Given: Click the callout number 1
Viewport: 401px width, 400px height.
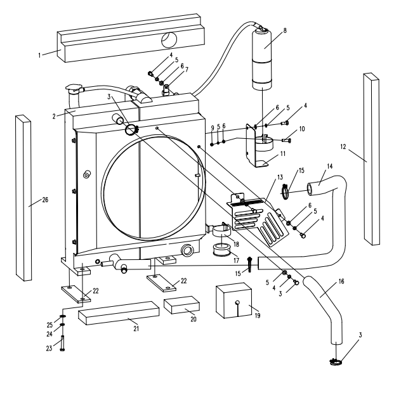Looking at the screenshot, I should pos(39,55).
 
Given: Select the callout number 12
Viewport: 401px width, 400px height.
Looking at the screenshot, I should pos(344,147).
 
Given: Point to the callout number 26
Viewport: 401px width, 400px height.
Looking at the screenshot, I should pos(45,201).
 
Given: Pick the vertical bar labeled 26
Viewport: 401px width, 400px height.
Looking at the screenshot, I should pos(23,198).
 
